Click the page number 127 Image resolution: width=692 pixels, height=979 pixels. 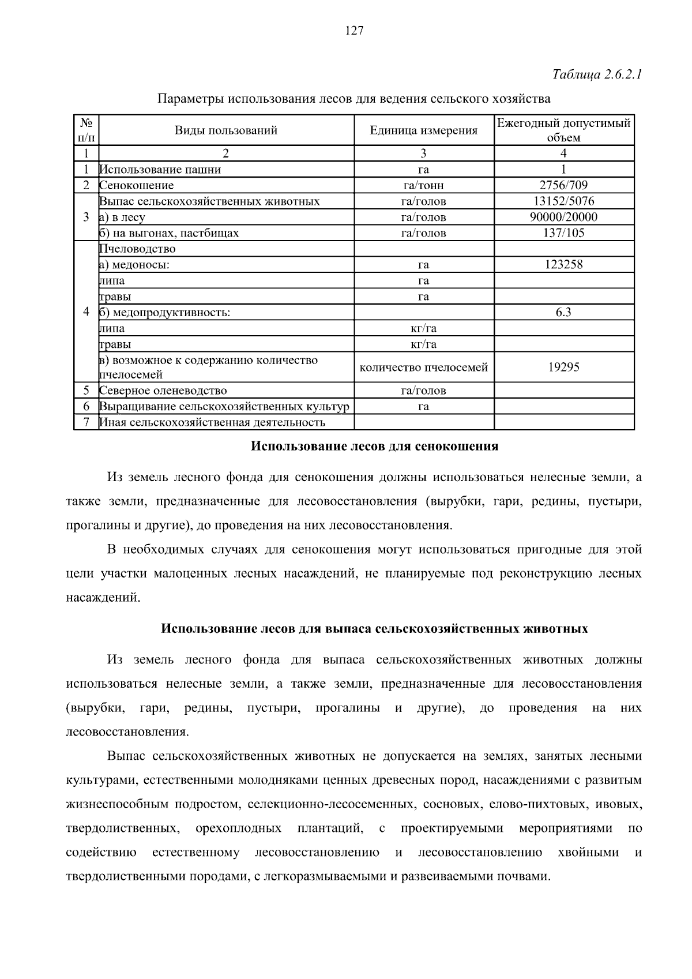[354, 31]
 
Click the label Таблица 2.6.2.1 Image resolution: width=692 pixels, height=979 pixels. [597, 75]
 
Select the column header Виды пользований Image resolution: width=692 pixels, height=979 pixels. [226, 130]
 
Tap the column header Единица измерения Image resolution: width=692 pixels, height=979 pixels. [423, 130]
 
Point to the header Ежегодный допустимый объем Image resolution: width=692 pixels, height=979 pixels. [563, 130]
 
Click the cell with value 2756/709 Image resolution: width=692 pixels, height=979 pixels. [563, 185]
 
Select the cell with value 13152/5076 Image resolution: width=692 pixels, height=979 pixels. [563, 201]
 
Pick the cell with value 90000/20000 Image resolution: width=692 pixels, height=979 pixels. [563, 217]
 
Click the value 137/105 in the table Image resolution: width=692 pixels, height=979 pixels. [563, 232]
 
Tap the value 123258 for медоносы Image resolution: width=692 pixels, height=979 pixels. [563, 264]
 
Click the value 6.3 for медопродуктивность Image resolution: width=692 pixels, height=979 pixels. [563, 312]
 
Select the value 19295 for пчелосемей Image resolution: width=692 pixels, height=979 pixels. [563, 367]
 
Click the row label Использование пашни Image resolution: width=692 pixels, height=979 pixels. [160, 170]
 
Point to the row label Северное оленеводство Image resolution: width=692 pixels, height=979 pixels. [163, 391]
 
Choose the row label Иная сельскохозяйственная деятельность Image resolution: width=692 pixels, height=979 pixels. [212, 422]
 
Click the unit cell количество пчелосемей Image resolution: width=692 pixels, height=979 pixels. [423, 367]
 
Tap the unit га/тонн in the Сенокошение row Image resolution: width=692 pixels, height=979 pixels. [423, 186]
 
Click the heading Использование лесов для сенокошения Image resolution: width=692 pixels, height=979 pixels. [375, 447]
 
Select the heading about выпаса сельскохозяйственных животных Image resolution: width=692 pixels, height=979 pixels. [374, 628]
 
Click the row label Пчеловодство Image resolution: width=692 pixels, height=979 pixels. [137, 249]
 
